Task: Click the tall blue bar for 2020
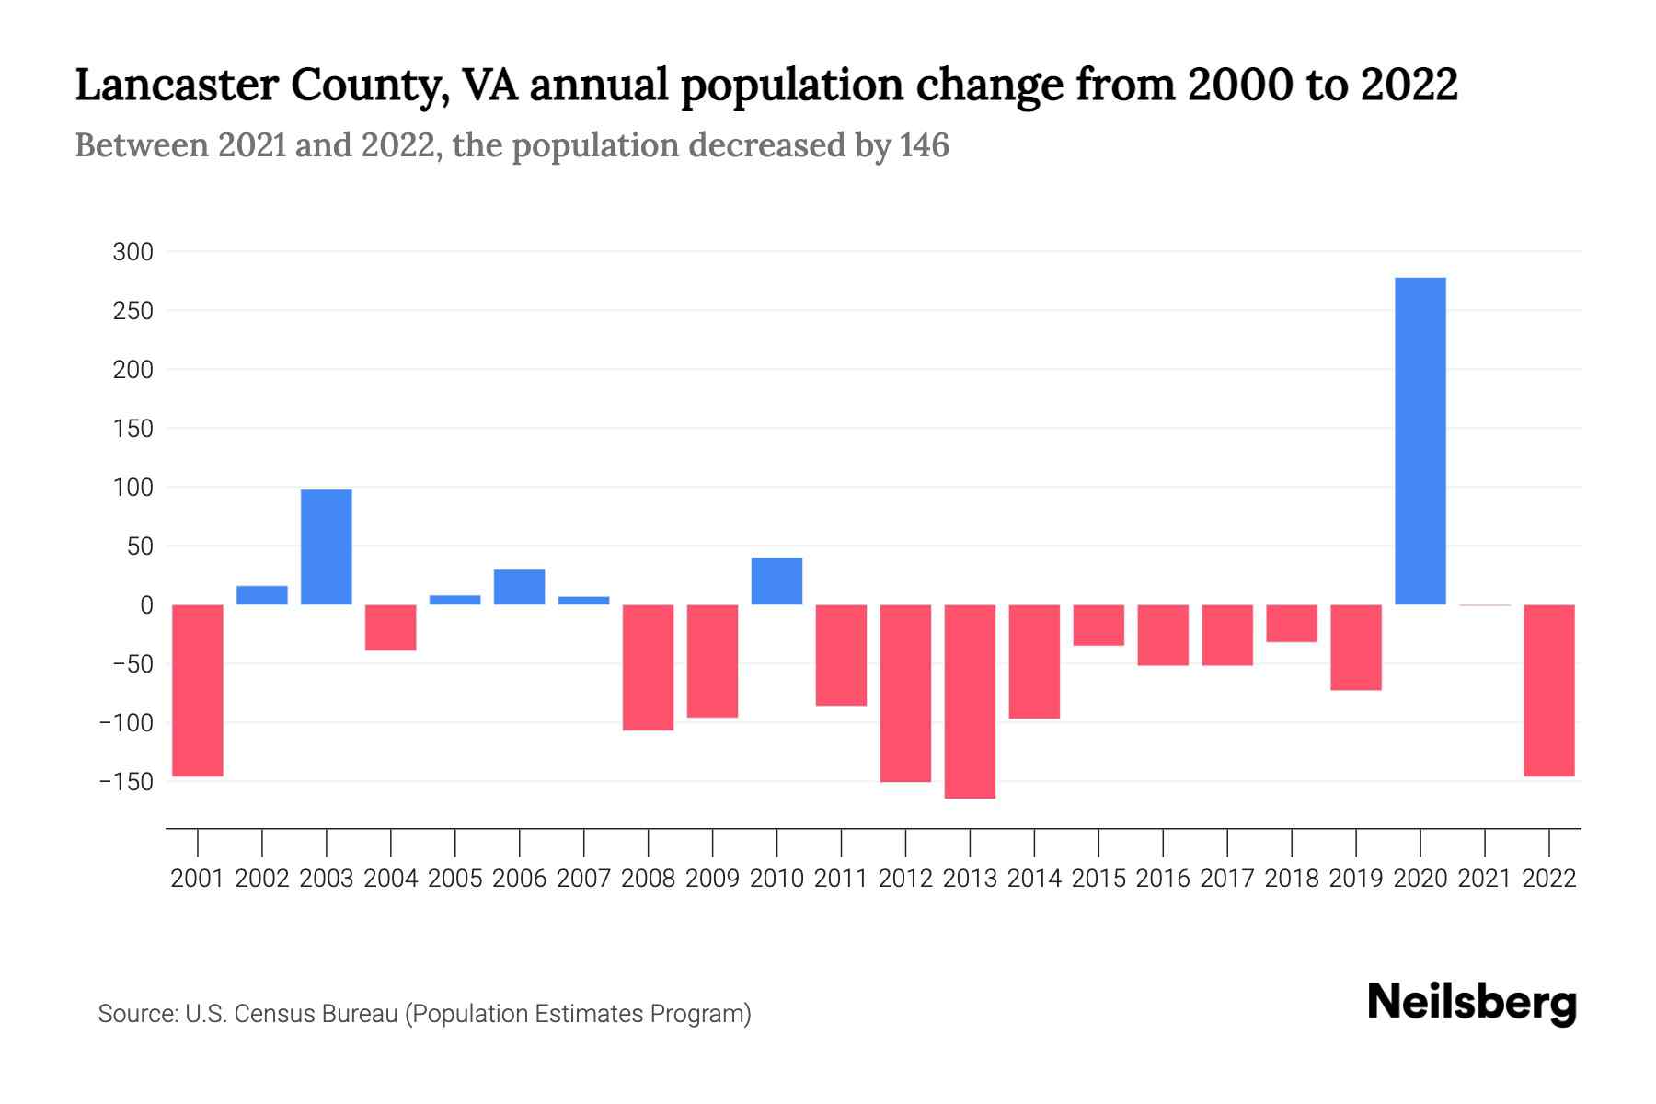[x=1420, y=441]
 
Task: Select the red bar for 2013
[x=970, y=701]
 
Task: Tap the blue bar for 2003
[x=327, y=546]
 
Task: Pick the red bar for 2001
[x=198, y=690]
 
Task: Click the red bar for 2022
[x=1548, y=690]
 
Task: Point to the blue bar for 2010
[x=776, y=581]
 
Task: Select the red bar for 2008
[x=648, y=667]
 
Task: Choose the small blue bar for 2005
[x=454, y=600]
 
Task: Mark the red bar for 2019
[x=1355, y=647]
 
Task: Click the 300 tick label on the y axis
[x=132, y=252]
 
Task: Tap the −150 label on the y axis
[x=127, y=782]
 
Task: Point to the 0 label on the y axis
[x=145, y=605]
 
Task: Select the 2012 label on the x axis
[x=905, y=879]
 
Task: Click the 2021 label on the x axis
[x=1484, y=879]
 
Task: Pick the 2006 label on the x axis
[x=519, y=879]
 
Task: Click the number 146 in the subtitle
[x=924, y=145]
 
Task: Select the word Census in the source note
[x=271, y=1014]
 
